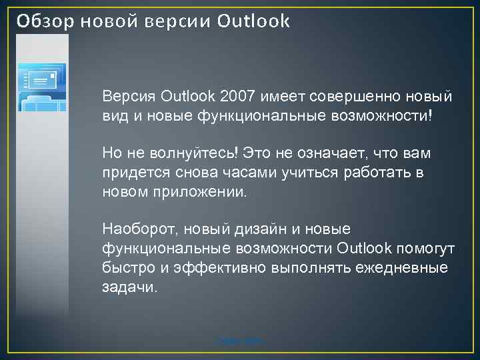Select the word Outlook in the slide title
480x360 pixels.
(254, 21)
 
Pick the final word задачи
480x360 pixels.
(131, 287)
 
